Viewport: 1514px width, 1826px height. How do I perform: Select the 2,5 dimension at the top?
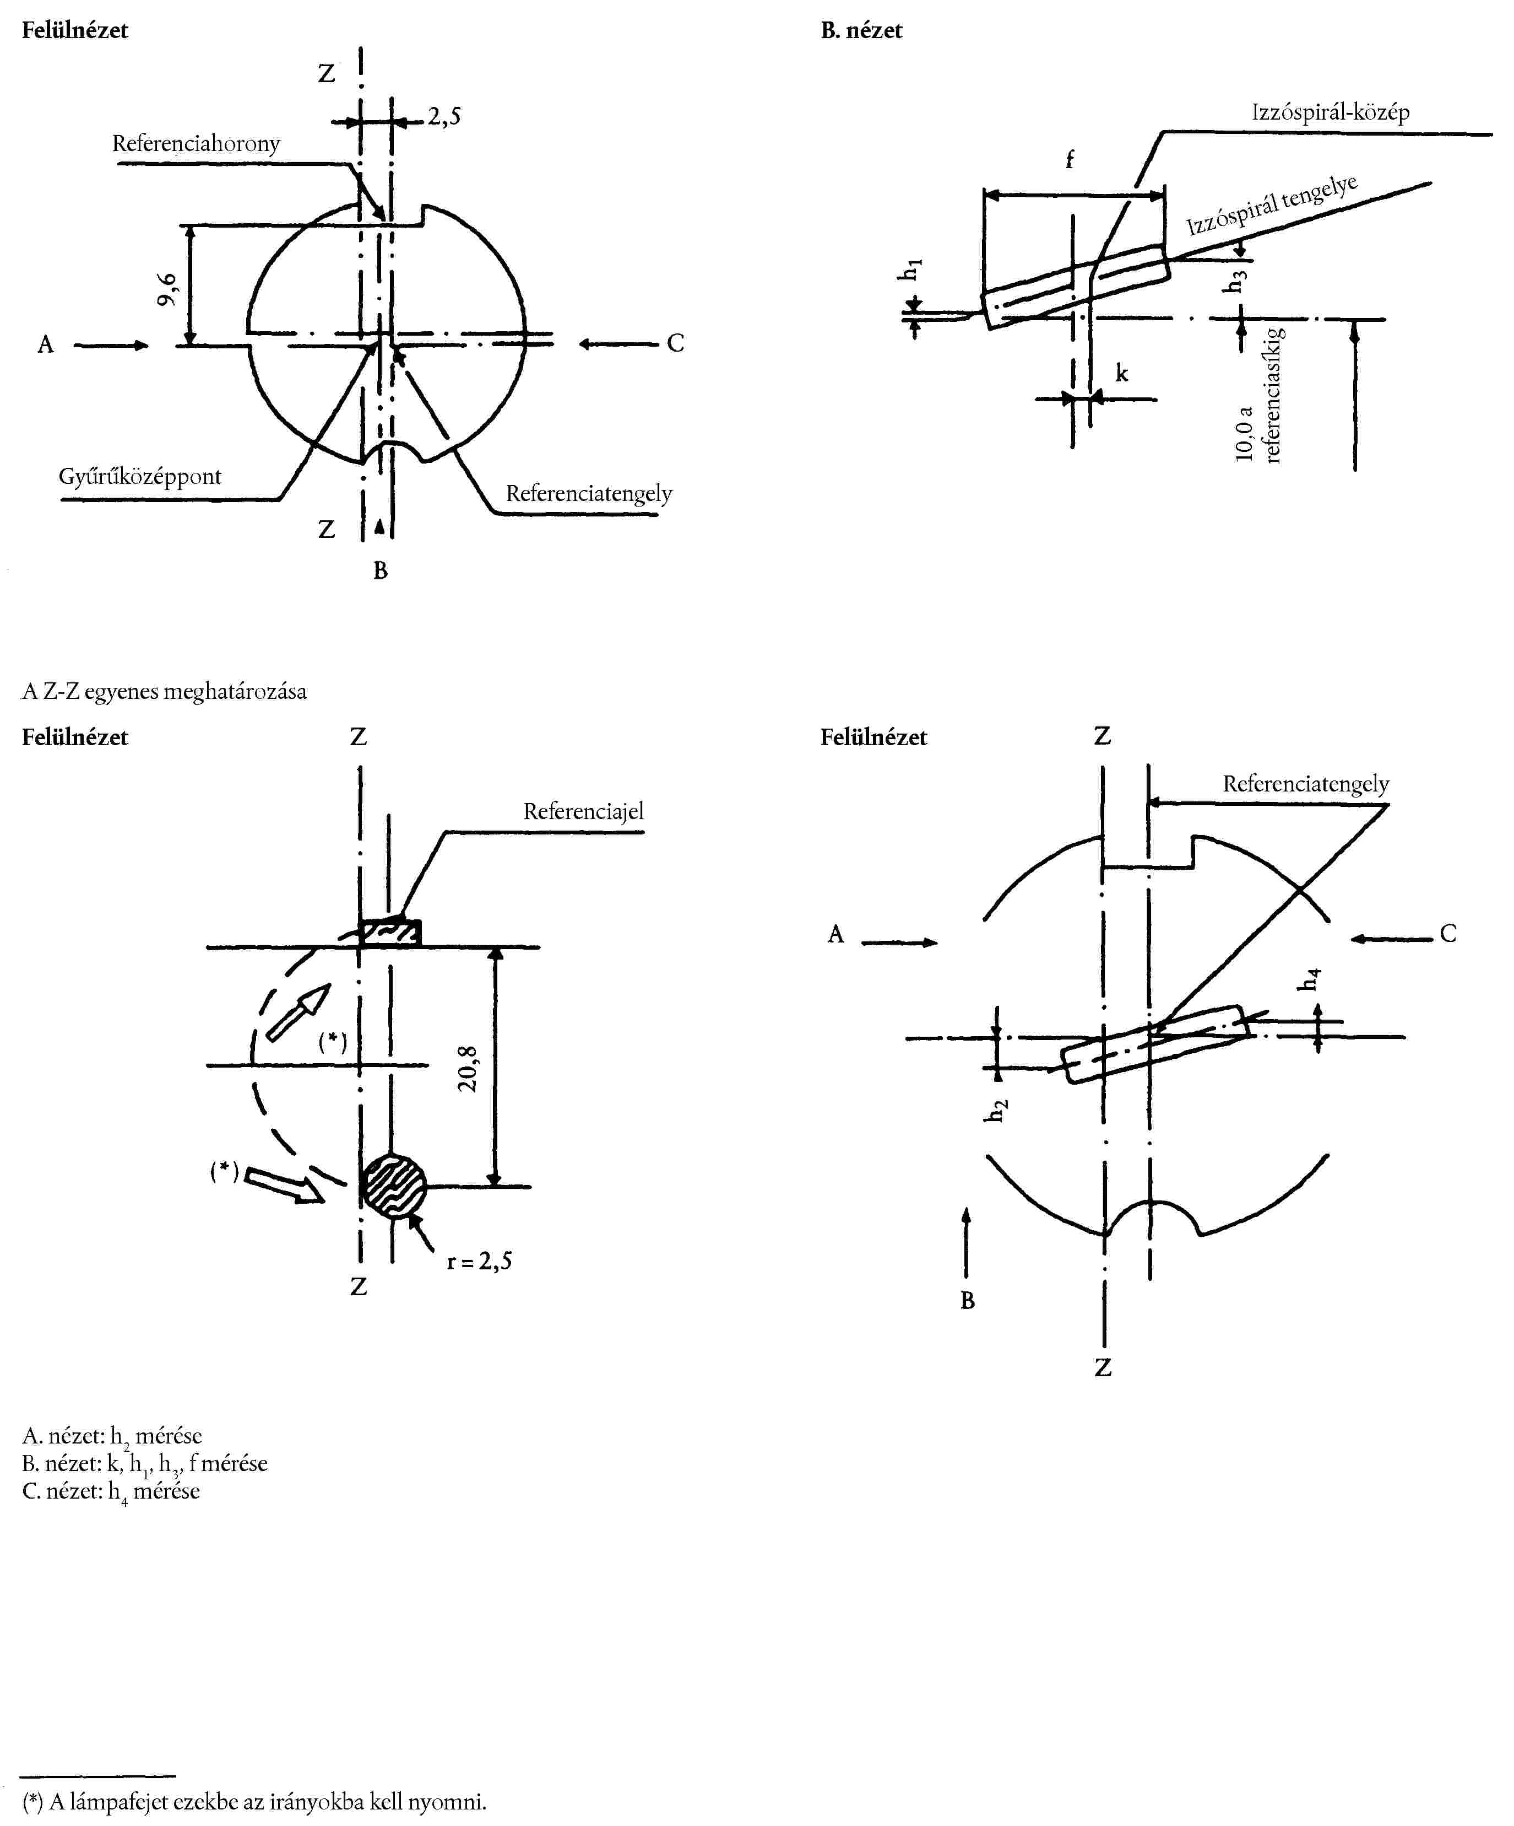[x=444, y=116]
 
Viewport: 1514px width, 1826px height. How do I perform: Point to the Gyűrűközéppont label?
[x=140, y=477]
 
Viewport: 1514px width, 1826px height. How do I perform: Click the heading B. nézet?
[x=861, y=30]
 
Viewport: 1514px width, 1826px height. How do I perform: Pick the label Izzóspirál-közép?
[x=1330, y=112]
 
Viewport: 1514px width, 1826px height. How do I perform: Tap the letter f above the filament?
[x=1070, y=159]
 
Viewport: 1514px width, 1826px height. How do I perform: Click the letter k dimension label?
[x=1122, y=373]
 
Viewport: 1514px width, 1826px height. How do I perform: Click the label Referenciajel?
[x=583, y=811]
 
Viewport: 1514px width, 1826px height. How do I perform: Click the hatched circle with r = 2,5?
[x=394, y=1186]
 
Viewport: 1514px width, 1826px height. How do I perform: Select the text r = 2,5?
[x=479, y=1261]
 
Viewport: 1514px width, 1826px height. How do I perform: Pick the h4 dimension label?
[x=1309, y=978]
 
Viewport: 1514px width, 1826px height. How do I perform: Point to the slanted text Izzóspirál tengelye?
[x=1272, y=206]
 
